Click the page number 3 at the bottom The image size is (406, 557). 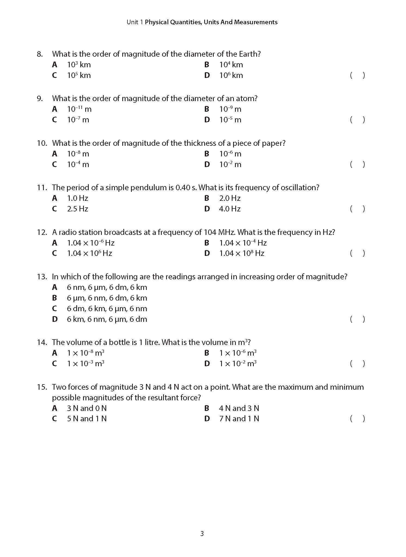pyautogui.click(x=202, y=534)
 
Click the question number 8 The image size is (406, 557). pyautogui.click(x=40, y=54)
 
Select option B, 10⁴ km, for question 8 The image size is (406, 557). pyautogui.click(x=231, y=65)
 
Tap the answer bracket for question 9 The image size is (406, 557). pyautogui.click(x=357, y=119)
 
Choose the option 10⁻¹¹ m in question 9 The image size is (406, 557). pyautogui.click(x=79, y=109)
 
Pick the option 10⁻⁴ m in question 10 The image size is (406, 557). pyautogui.click(x=78, y=164)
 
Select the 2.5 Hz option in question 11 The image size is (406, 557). pyautogui.click(x=78, y=209)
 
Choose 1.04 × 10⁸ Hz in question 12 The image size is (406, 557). pyautogui.click(x=242, y=253)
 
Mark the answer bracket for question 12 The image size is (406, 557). pyautogui.click(x=357, y=253)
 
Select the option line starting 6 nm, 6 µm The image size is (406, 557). pyautogui.click(x=107, y=287)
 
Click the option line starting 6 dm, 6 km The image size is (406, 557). pyautogui.click(x=107, y=308)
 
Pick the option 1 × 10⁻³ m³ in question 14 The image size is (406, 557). pyautogui.click(x=86, y=364)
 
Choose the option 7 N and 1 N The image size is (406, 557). pyautogui.click(x=239, y=419)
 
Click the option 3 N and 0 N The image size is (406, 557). pyautogui.click(x=87, y=408)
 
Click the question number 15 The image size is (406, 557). pyautogui.click(x=42, y=387)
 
